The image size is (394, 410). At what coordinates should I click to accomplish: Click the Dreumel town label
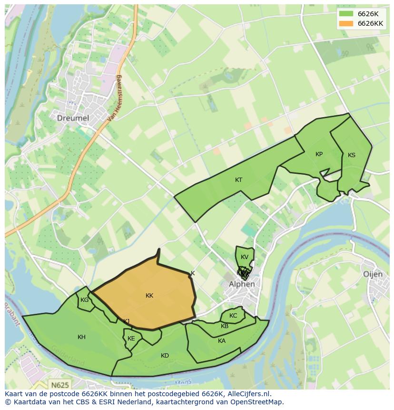(x=73, y=118)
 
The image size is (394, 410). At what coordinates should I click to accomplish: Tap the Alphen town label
(x=242, y=284)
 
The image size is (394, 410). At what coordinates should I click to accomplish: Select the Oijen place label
(x=373, y=274)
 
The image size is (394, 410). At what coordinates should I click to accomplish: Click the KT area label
(x=239, y=180)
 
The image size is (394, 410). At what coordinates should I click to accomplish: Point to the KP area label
(x=319, y=154)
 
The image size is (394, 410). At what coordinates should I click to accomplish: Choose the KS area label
(x=352, y=155)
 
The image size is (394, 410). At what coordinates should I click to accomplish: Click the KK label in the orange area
(x=149, y=296)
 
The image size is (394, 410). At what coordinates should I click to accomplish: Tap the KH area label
(x=81, y=337)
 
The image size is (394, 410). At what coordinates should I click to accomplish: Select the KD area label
(x=165, y=356)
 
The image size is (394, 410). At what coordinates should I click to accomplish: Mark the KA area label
(x=222, y=341)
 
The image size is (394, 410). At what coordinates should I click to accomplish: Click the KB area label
(x=225, y=326)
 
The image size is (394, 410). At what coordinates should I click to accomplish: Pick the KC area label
(x=233, y=316)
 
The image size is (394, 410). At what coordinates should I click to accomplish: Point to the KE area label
(x=131, y=339)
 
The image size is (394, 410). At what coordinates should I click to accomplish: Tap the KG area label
(x=84, y=300)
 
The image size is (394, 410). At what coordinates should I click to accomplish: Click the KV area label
(x=245, y=257)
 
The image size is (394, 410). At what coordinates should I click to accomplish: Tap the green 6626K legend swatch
(x=346, y=14)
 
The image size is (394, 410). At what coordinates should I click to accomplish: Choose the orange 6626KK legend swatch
(x=346, y=23)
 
